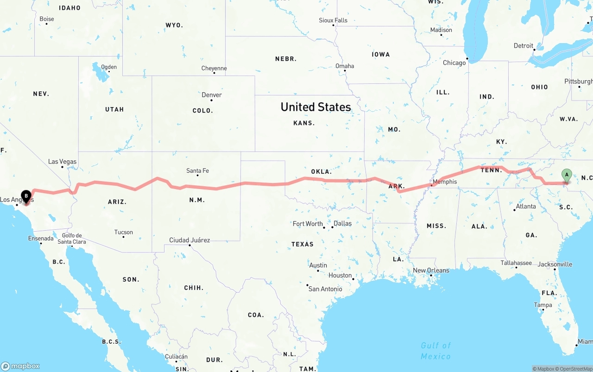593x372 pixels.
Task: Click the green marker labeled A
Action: tap(566, 175)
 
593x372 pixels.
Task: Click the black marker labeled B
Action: tap(26, 196)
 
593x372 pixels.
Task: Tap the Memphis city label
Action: tap(445, 182)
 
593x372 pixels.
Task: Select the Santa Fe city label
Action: tap(197, 170)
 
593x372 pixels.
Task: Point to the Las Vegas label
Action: tap(62, 162)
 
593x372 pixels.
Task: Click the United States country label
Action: tap(315, 107)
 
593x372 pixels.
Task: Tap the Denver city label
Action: tap(212, 95)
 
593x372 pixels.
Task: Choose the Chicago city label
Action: tap(454, 63)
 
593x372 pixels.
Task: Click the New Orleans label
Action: tap(431, 270)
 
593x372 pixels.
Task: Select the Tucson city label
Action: tap(123, 232)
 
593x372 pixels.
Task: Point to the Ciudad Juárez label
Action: tap(189, 240)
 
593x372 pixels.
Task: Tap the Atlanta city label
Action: tap(526, 206)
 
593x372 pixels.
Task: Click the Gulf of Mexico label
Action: tap(435, 351)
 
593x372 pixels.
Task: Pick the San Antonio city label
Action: tap(325, 289)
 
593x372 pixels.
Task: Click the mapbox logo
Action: tap(20, 366)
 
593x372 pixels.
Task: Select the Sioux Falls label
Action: tap(333, 20)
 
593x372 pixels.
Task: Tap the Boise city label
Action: tap(47, 19)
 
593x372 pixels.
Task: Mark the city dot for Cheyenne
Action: tap(214, 73)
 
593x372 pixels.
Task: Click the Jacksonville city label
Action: tap(555, 265)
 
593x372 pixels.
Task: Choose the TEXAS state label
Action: tap(302, 244)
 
